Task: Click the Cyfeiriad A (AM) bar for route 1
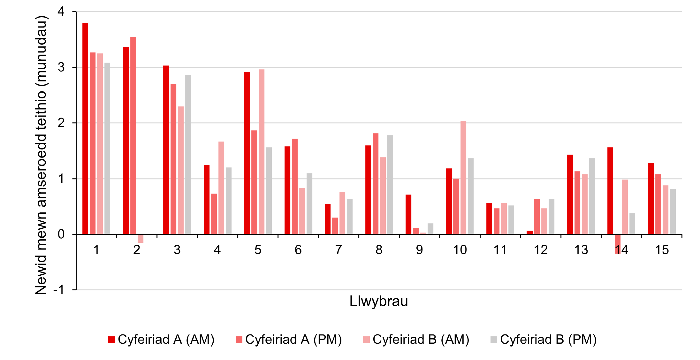coord(85,128)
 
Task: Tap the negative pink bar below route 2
coord(141,239)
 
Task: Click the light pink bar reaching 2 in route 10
coord(463,178)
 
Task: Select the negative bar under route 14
coord(618,244)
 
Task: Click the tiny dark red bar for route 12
coord(529,232)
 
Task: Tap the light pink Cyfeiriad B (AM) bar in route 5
coord(262,152)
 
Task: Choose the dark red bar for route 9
coord(408,214)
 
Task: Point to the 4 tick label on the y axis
coord(61,12)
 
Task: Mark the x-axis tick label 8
coord(379,250)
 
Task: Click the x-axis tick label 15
coord(662,250)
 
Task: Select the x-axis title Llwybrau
coord(379,301)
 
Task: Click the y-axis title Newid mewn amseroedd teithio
coord(41,155)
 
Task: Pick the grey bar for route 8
coord(390,185)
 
